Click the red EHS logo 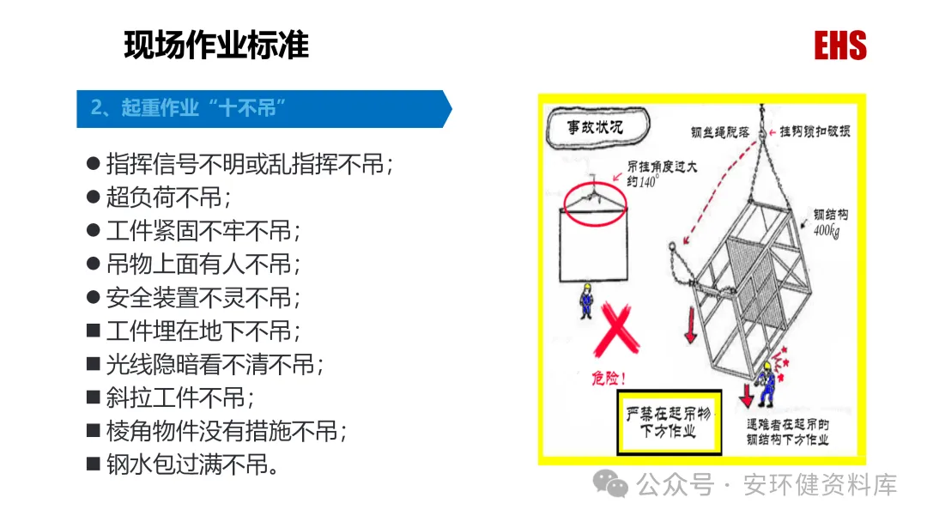point(840,46)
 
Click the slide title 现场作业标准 point(216,45)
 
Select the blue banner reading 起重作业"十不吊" point(264,109)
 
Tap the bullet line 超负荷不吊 point(168,197)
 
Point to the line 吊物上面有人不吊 point(203,264)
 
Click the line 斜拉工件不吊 point(180,398)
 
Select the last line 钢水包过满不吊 point(193,465)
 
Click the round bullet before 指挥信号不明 point(93,163)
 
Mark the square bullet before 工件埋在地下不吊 point(93,330)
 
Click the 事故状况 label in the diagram point(596,126)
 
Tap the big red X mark point(616,330)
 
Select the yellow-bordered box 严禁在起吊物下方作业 point(669,422)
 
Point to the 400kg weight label point(827,231)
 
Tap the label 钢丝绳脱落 point(720,132)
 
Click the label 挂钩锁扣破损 point(815,131)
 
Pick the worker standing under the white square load point(586,300)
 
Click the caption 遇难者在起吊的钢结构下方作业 point(787,432)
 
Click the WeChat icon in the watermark point(610,484)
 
